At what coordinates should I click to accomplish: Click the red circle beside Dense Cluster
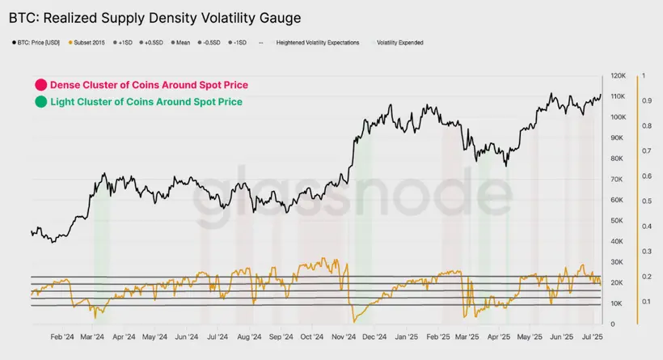(40, 85)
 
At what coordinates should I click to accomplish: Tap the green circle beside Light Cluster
(40, 102)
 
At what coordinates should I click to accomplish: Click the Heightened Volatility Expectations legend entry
(318, 42)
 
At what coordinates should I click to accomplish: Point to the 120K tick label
(618, 75)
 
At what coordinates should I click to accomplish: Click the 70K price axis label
(616, 179)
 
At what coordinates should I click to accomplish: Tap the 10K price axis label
(616, 303)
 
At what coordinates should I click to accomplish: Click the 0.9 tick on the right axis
(647, 100)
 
